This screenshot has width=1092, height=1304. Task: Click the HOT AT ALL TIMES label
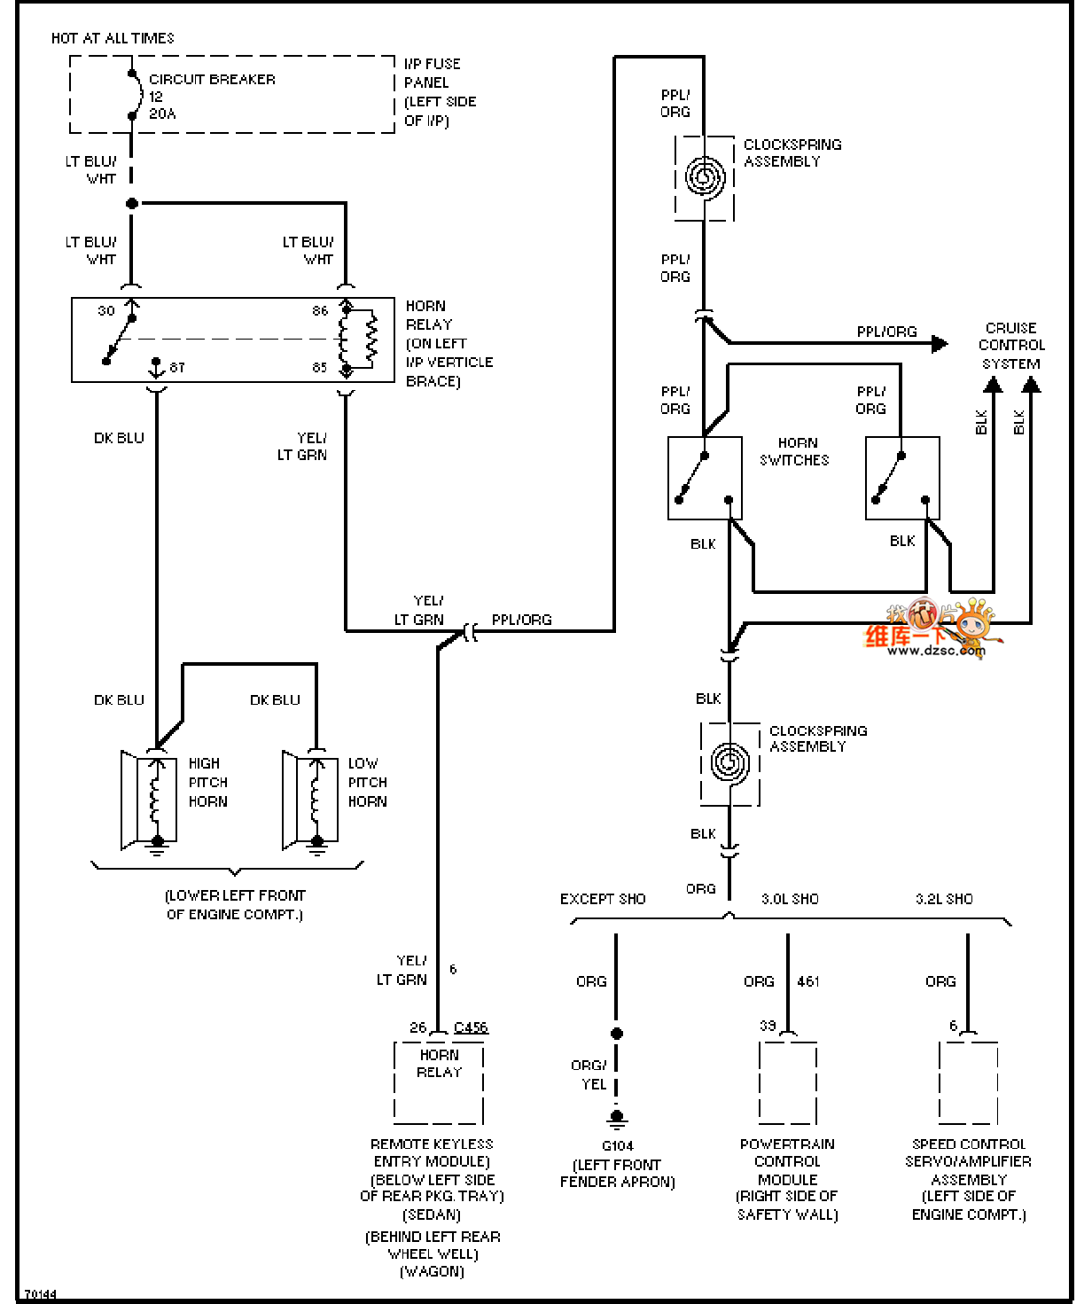(x=113, y=38)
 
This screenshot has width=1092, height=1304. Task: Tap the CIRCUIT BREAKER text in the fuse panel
(x=212, y=80)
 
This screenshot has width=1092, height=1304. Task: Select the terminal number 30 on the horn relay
(x=106, y=311)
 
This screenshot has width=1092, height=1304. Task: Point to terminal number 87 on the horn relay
(x=177, y=367)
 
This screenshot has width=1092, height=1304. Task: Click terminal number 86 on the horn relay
(x=320, y=311)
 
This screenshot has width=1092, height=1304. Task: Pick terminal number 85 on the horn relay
(x=320, y=367)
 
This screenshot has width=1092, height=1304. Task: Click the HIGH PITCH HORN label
(x=207, y=783)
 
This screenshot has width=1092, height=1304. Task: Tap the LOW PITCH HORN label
(x=367, y=783)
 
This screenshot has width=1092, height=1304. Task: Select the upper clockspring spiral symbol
(x=705, y=177)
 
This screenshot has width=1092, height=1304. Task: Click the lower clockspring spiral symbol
(x=729, y=763)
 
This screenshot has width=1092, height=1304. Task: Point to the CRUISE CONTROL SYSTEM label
(x=1011, y=346)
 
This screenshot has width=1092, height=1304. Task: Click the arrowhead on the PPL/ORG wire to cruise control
(x=940, y=343)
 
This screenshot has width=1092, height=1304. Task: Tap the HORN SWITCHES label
(x=795, y=451)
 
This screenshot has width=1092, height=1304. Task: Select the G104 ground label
(x=618, y=1145)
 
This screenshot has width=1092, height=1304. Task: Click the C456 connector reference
(x=471, y=1027)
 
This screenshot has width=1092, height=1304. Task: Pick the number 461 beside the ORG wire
(x=808, y=981)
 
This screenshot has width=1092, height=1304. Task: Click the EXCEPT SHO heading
(x=603, y=899)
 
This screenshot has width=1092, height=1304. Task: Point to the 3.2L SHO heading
(x=944, y=899)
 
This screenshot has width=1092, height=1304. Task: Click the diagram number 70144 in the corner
(x=40, y=1294)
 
